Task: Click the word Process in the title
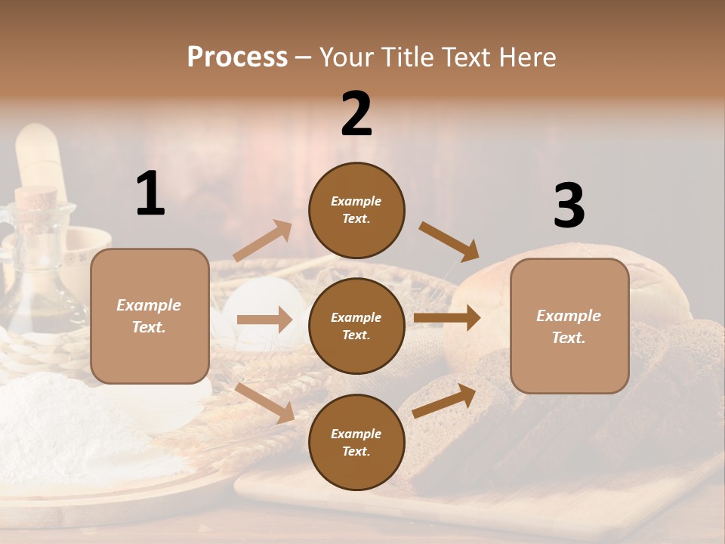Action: [x=237, y=57]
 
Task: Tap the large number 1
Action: [x=150, y=193]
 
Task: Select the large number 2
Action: [x=356, y=114]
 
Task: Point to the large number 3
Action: [x=569, y=206]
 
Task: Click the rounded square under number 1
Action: [x=150, y=316]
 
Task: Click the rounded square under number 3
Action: [x=569, y=326]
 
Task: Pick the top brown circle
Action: [x=356, y=210]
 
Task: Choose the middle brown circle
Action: [x=356, y=326]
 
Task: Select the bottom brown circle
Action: [x=356, y=442]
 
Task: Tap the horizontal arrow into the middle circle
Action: [x=264, y=320]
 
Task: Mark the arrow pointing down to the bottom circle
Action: [x=265, y=402]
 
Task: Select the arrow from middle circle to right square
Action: [x=447, y=318]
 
